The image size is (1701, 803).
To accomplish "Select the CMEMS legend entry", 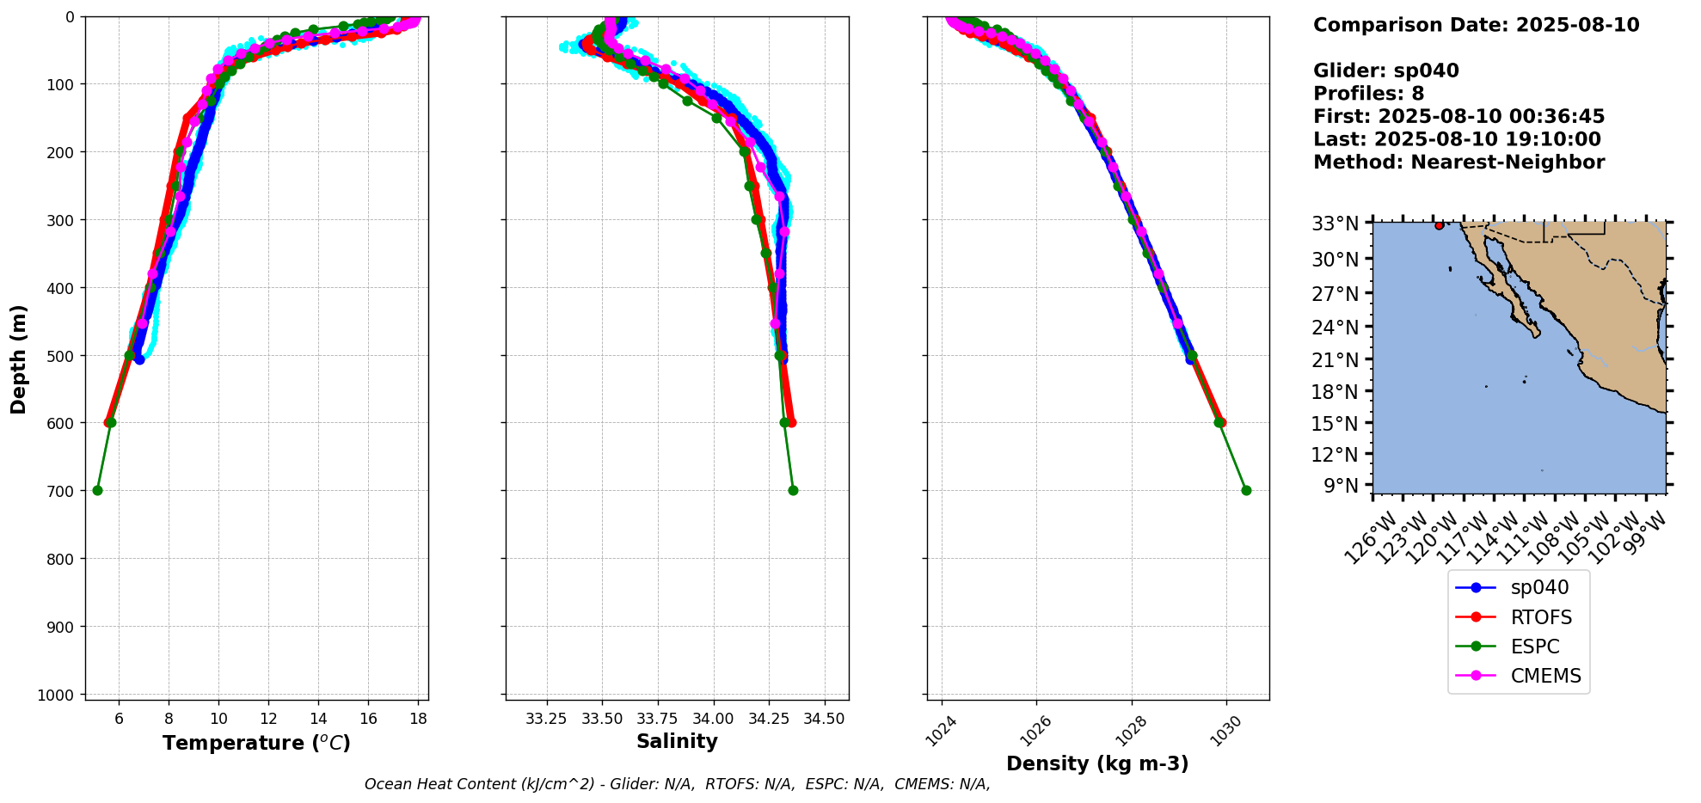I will click(1545, 676).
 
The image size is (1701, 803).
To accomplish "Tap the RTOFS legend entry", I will click(1541, 617).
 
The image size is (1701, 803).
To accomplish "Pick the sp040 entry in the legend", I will click(1539, 587).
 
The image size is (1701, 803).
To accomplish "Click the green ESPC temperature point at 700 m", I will click(97, 490).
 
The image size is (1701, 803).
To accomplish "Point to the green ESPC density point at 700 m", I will click(1246, 490).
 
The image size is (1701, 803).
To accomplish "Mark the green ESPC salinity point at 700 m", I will click(793, 490).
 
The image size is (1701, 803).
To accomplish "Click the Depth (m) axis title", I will click(19, 359).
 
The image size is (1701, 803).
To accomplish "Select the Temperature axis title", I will click(256, 743).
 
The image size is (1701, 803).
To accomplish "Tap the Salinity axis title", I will click(677, 741).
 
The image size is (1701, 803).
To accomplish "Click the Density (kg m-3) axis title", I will click(1097, 763).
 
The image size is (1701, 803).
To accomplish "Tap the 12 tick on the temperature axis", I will click(268, 718).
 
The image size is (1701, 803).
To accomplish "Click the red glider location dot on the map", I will click(1440, 225).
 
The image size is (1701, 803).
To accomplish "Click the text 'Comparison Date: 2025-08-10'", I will click(1476, 25).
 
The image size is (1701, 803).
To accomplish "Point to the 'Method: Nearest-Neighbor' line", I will click(1458, 162).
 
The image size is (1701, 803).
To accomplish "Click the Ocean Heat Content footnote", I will click(677, 784).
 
